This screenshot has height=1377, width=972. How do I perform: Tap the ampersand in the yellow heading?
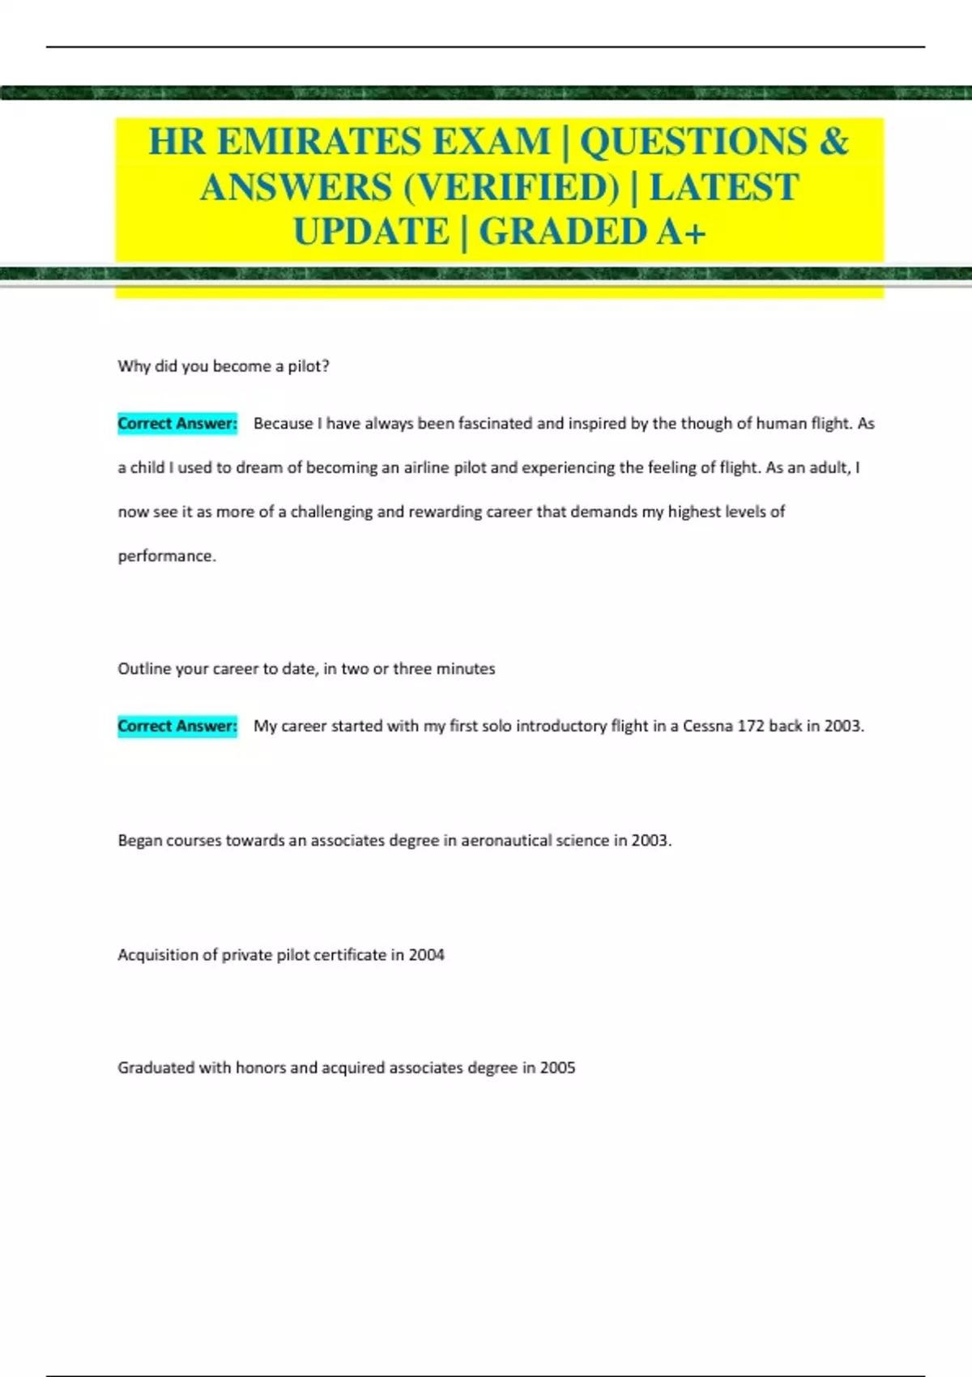click(833, 142)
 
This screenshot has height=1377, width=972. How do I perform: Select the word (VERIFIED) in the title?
click(509, 187)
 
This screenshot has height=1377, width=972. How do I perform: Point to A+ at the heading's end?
click(681, 232)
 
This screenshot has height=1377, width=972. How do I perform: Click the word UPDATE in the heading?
click(371, 232)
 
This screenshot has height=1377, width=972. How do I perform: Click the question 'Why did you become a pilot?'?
click(224, 366)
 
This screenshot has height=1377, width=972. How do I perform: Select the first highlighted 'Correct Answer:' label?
click(177, 424)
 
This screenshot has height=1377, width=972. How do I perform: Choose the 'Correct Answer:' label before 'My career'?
click(177, 726)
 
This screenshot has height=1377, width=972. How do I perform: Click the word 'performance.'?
click(167, 556)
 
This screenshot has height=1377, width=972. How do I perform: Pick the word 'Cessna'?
click(707, 726)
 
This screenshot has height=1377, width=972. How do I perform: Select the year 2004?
click(426, 955)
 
